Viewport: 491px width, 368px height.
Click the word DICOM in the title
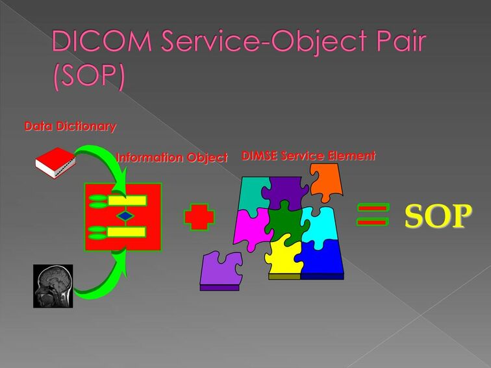pos(102,40)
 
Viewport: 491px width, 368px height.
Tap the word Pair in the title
pos(401,40)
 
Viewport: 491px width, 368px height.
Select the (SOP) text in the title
pos(89,76)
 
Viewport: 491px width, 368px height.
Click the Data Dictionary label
pos(70,126)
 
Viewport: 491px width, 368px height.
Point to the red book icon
pos(55,163)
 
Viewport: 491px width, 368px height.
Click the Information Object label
pos(172,158)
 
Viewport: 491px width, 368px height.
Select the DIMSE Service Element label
pos(308,156)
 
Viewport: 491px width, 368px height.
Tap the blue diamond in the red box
pos(125,216)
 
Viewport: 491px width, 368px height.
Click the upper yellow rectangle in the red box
pos(127,201)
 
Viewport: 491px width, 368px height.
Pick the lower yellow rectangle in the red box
pos(127,232)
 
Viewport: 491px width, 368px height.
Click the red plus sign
pos(199,217)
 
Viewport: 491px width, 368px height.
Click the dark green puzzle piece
pos(285,223)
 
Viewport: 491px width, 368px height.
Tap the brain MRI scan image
pos(53,286)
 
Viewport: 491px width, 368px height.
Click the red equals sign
pos(373,215)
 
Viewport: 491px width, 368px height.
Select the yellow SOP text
pos(438,216)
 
